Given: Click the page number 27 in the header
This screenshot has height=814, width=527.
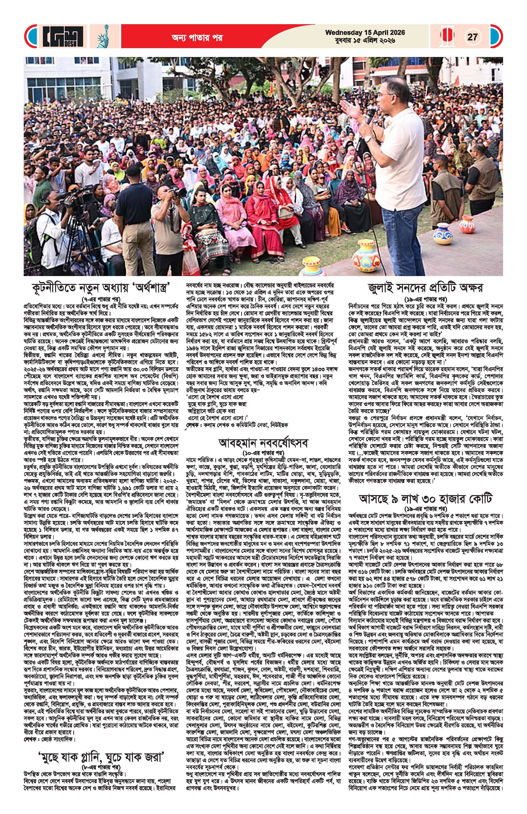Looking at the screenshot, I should click(x=472, y=37).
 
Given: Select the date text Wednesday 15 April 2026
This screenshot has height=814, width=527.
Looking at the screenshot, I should click(x=365, y=33).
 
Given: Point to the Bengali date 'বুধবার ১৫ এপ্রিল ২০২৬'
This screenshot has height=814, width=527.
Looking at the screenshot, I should click(x=365, y=41).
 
